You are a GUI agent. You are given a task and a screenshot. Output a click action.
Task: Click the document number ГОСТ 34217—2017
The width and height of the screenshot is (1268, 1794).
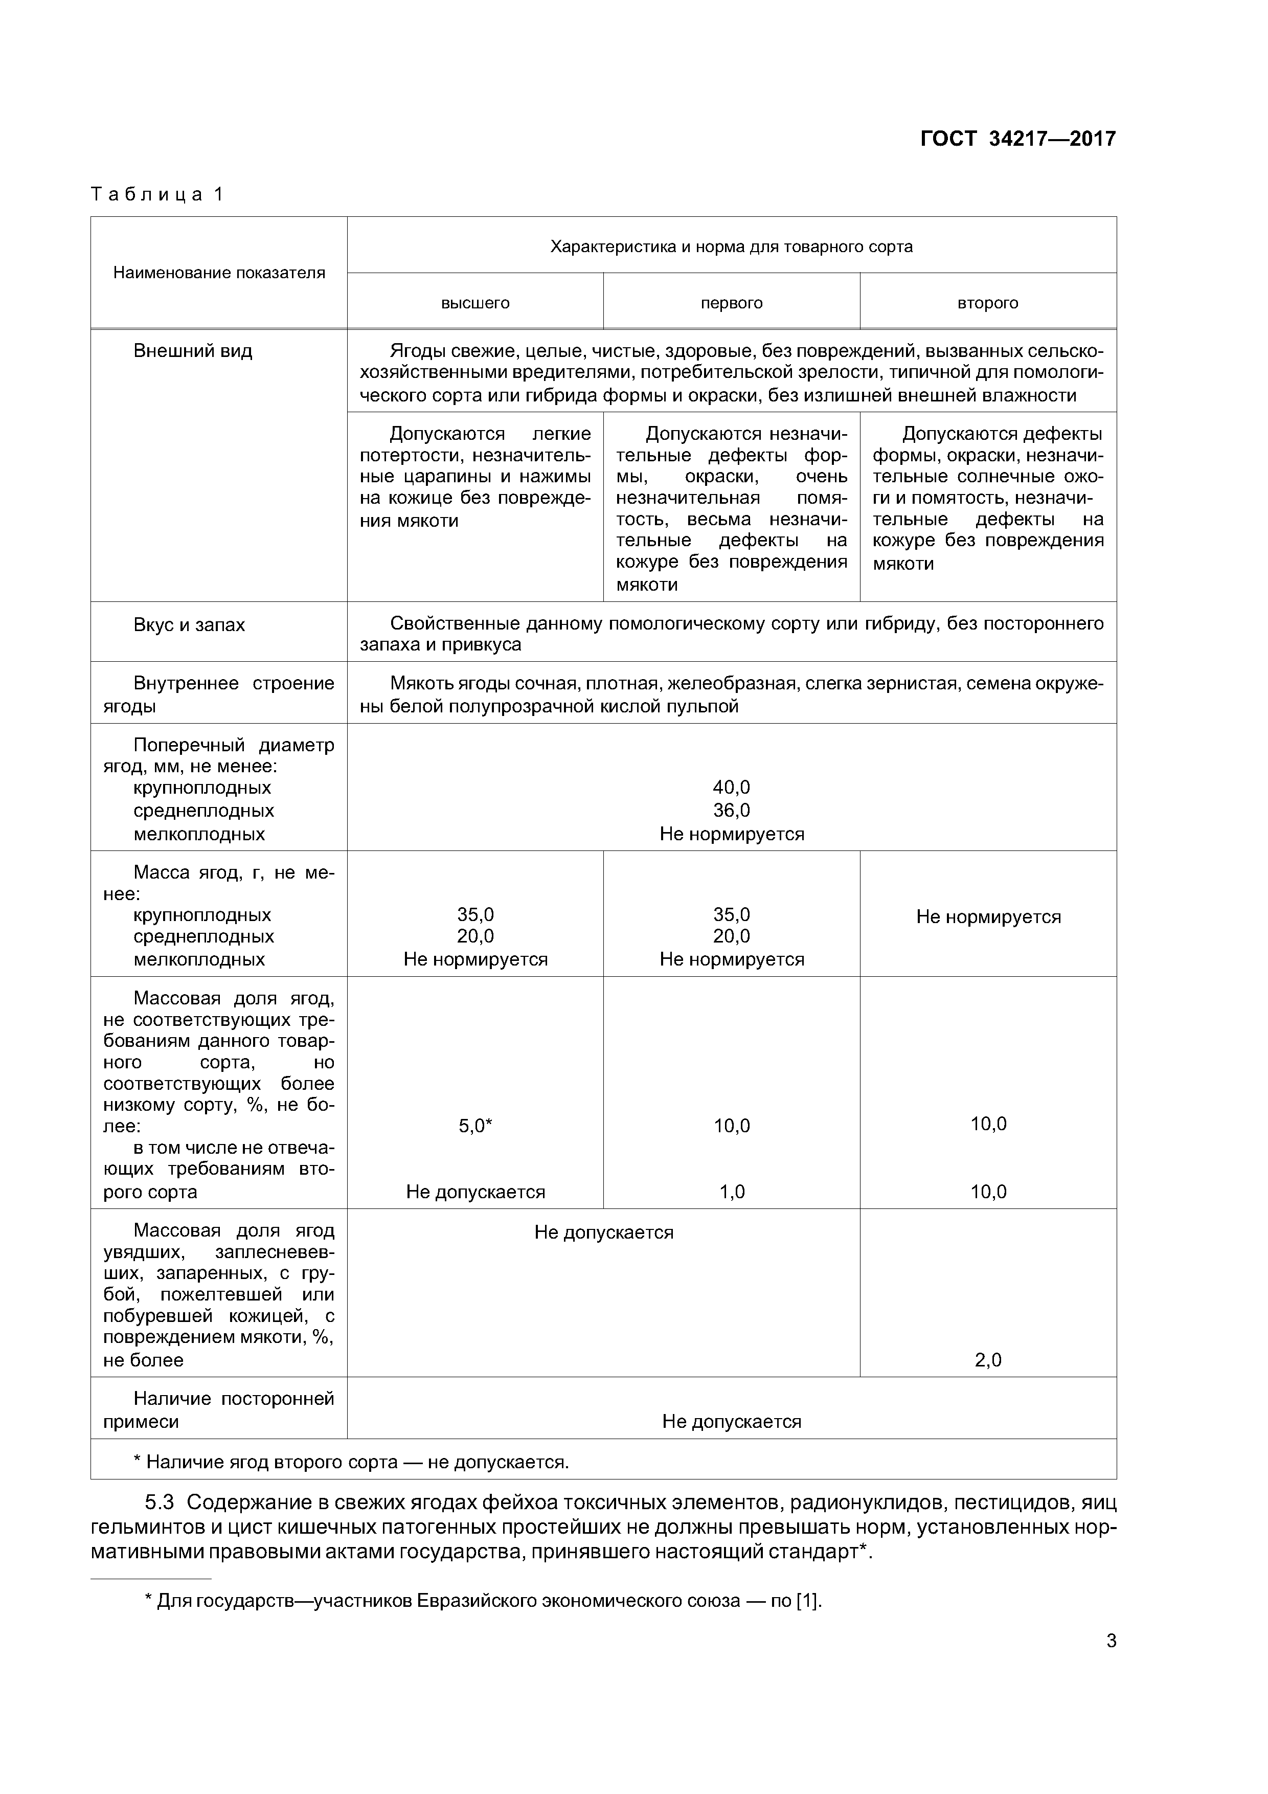pos(1017,139)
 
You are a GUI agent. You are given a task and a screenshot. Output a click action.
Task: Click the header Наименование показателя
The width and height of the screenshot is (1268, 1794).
pos(219,273)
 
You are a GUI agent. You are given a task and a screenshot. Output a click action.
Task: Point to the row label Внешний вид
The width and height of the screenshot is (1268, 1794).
pos(192,351)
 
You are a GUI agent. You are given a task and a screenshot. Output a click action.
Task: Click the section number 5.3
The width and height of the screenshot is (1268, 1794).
pos(163,1503)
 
